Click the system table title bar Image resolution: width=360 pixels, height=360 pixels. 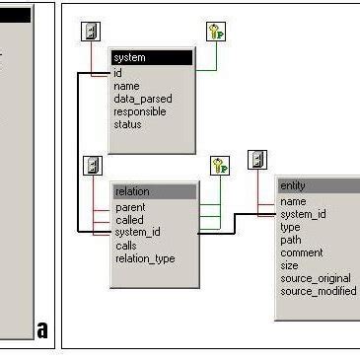click(151, 58)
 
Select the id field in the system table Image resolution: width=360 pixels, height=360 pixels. click(118, 72)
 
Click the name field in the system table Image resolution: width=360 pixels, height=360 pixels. click(126, 86)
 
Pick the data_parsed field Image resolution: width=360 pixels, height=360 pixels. click(141, 99)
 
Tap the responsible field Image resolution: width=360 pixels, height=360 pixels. click(140, 111)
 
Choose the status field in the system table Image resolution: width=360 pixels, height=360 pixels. click(128, 124)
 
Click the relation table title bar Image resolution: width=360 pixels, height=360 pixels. click(154, 191)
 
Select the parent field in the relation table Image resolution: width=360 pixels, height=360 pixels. click(130, 207)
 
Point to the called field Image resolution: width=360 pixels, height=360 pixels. click(129, 220)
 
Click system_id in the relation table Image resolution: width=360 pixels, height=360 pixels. click(137, 233)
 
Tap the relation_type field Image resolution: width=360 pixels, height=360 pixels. click(145, 258)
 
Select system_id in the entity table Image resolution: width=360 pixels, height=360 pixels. click(303, 214)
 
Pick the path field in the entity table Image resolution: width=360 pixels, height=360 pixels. click(290, 240)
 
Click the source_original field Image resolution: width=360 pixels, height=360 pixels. click(316, 278)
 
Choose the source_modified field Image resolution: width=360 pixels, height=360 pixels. click(318, 291)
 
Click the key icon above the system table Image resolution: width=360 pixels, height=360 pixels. click(216, 32)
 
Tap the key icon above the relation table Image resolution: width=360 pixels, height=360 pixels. click(219, 166)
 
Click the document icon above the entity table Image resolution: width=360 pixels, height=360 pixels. click(257, 160)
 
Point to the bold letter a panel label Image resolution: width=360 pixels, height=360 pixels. click(42, 329)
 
